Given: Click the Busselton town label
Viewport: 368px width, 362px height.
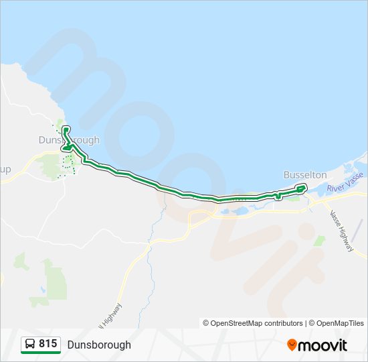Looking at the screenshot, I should pyautogui.click(x=304, y=174).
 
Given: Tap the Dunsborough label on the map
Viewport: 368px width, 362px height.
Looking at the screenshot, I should pyautogui.click(x=69, y=140).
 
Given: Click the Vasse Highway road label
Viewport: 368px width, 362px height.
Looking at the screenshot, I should pyautogui.click(x=341, y=230).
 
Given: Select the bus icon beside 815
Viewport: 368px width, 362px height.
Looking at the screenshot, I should pyautogui.click(x=29, y=345).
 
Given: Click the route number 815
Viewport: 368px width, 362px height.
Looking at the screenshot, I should pyautogui.click(x=48, y=344).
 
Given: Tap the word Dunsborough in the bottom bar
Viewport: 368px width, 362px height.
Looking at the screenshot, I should pyautogui.click(x=99, y=345).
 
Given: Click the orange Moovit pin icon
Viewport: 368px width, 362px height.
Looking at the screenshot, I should pyautogui.click(x=292, y=345).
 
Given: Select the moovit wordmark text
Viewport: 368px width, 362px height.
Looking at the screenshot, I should pyautogui.click(x=322, y=345).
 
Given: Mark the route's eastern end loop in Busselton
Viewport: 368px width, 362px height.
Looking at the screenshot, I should pyautogui.click(x=301, y=188).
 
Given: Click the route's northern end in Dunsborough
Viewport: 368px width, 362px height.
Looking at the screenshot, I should pyautogui.click(x=65, y=129).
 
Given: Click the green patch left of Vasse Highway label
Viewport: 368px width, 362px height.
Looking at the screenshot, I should pyautogui.click(x=320, y=239).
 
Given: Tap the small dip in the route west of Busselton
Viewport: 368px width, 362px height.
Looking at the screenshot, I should pyautogui.click(x=276, y=196).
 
